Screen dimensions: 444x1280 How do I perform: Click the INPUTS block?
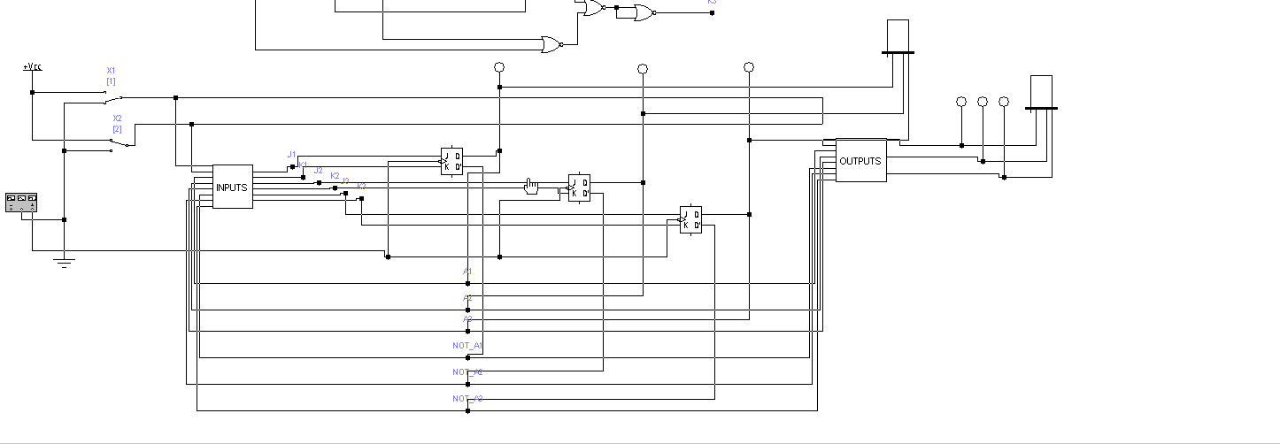pos(232,187)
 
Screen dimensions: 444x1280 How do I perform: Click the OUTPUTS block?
pos(860,161)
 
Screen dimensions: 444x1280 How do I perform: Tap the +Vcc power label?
pos(32,66)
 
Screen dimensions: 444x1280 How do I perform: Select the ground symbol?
pos(64,261)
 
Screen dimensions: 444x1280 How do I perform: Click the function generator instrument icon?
pos(21,203)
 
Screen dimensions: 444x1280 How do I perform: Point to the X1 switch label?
pos(111,71)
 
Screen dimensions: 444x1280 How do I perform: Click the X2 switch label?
pos(117,119)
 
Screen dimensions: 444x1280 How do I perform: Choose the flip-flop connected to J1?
pos(451,161)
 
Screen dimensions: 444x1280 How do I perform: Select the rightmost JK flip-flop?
pos(690,219)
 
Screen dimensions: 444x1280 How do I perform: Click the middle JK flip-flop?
pos(579,188)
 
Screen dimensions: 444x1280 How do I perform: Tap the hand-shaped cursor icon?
pos(531,186)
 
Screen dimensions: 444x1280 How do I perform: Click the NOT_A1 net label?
pos(467,345)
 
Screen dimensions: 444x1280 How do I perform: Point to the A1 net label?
pos(467,271)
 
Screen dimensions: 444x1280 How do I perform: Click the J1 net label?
pos(292,155)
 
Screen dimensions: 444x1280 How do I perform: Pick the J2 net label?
pos(319,170)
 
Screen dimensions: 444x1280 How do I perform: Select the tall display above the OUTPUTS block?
pos(898,35)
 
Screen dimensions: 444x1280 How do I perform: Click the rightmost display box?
pos(1041,91)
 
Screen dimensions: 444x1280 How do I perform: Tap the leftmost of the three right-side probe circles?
pos(961,102)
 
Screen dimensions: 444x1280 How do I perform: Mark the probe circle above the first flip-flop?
pos(499,67)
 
